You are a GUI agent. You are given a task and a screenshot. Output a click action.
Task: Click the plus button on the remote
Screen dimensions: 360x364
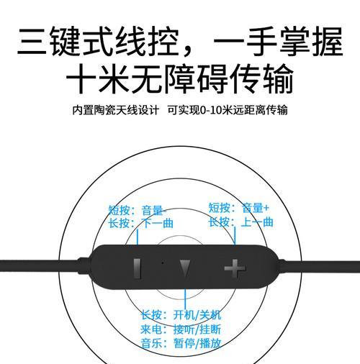235,268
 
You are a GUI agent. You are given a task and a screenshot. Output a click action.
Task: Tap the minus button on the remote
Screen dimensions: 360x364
137,268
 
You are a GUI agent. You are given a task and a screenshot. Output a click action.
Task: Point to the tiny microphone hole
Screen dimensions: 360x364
163,263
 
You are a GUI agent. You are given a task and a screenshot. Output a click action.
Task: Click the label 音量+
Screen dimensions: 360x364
256,208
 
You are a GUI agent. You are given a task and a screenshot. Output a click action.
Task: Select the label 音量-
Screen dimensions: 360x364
154,210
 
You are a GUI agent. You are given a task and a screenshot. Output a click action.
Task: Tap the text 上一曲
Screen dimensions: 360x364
257,222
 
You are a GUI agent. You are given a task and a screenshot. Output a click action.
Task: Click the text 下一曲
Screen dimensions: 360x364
158,223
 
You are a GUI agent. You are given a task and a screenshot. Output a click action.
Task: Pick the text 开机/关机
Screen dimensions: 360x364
197,315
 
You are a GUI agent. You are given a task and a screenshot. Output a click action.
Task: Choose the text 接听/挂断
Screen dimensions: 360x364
197,329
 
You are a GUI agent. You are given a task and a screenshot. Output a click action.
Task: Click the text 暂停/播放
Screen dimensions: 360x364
197,343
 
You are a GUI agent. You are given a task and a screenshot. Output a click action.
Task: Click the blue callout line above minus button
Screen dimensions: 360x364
138,237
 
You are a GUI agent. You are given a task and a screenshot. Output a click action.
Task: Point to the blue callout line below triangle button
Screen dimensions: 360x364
185,299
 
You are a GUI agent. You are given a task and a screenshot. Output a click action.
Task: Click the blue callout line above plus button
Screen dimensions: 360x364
235,236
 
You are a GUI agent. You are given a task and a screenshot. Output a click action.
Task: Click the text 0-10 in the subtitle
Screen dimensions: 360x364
211,110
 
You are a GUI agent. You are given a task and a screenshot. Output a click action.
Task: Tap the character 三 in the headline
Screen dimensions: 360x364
32,42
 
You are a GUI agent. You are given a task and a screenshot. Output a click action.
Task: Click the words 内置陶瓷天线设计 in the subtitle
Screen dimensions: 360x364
116,110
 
